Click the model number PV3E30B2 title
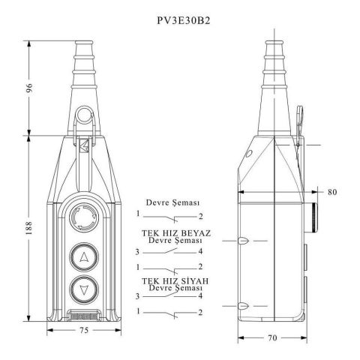184,21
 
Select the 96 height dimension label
29,88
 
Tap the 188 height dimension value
29,228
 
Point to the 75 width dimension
84,330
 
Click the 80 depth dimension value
332,192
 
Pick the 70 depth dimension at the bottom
272,338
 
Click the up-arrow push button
84,257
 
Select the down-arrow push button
84,290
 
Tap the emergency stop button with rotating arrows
84,217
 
